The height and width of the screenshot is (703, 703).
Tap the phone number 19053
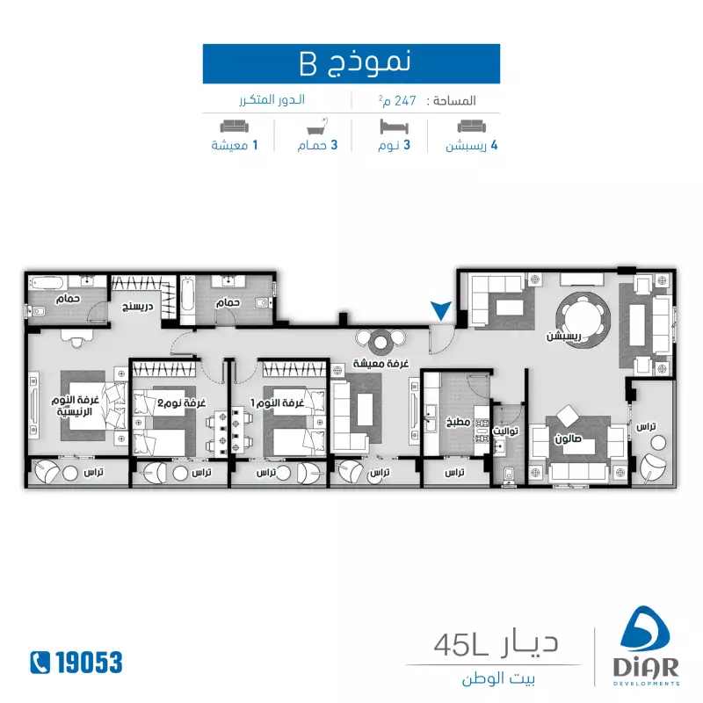pos(85,662)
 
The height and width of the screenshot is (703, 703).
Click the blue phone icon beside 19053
pos(39,662)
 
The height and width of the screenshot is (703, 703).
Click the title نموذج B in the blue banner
pos(351,63)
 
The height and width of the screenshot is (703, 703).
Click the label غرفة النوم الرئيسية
pos(76,407)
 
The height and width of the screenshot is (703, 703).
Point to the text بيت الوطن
pos(498,679)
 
